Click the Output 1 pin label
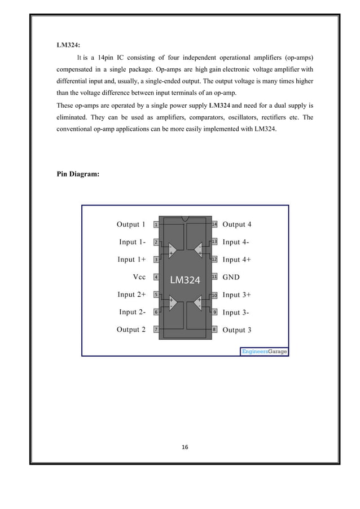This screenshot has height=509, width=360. (131, 224)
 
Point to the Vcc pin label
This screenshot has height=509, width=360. (139, 277)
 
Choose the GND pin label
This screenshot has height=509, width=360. (232, 277)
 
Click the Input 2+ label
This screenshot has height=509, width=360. (131, 295)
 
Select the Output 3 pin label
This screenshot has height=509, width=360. (237, 330)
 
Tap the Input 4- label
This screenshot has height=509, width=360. (237, 242)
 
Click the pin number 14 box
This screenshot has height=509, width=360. (214, 225)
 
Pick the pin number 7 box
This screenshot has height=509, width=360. (156, 330)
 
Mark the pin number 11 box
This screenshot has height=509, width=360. (214, 277)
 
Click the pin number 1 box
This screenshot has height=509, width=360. (156, 225)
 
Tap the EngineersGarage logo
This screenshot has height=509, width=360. (264, 352)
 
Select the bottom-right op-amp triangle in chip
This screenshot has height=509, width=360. (198, 304)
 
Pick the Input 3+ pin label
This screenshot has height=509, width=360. (237, 295)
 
